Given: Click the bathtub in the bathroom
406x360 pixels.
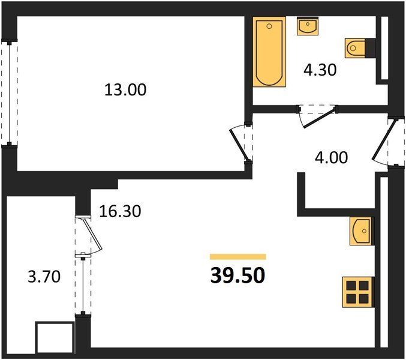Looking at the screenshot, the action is (269, 52).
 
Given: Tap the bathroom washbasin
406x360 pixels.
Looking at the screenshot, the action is (308, 26).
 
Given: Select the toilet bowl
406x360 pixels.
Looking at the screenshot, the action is (355, 48).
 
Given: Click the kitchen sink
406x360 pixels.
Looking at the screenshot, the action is (361, 231).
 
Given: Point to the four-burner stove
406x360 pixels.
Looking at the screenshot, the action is (358, 292).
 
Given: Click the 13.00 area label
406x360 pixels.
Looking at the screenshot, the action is (125, 90).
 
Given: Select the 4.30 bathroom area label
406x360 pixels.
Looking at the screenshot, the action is (320, 70).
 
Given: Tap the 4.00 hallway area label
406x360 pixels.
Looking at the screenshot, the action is (331, 157).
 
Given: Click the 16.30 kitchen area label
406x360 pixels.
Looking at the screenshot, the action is (121, 211).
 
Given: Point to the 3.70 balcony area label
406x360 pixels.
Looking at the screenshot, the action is (44, 276).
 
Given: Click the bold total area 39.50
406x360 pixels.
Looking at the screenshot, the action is (237, 275).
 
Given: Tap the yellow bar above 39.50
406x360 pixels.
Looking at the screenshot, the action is (238, 257).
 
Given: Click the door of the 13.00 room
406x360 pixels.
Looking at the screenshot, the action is (239, 144).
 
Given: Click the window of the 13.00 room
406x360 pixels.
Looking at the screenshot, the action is (10, 94).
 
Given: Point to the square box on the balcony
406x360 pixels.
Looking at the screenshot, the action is (55, 337).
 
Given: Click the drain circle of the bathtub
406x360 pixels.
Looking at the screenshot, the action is (269, 26).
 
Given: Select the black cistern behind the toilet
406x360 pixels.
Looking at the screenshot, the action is (370, 48).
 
